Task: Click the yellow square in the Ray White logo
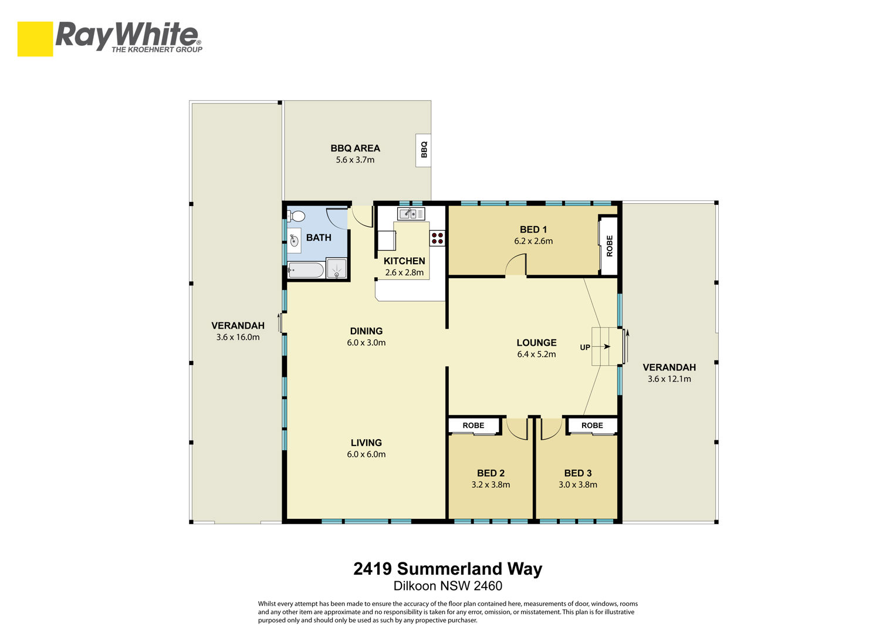[x=35, y=39]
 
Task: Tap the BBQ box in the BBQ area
[x=423, y=150]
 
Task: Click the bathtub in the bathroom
[x=306, y=270]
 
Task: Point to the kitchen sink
[x=411, y=214]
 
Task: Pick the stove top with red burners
[x=437, y=238]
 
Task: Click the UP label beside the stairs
[x=585, y=348]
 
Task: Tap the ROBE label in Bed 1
[x=609, y=246]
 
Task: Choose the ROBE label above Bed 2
[x=473, y=426]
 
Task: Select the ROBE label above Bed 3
[x=592, y=426]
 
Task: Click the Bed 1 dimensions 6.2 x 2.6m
[x=533, y=241]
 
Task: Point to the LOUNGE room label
[x=536, y=343]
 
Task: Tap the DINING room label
[x=366, y=331]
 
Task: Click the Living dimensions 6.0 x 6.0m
[x=366, y=454]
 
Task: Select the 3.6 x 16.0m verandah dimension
[x=238, y=337]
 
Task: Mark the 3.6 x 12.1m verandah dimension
[x=669, y=379]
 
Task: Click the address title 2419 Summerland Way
[x=448, y=569]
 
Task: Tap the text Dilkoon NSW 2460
[x=448, y=586]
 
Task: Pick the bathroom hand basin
[x=294, y=241]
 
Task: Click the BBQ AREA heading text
[x=355, y=148]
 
